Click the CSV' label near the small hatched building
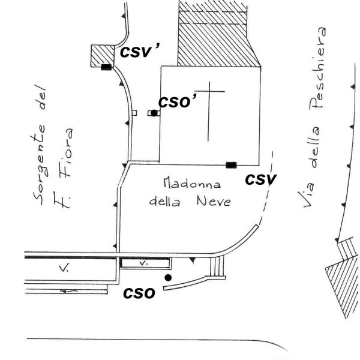(140, 51)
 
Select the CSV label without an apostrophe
(261, 179)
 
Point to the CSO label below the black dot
(139, 293)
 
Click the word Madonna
(192, 183)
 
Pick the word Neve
(214, 202)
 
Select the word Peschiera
(317, 68)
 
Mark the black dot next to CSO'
(154, 113)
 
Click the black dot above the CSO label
(168, 278)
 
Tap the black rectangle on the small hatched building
(106, 67)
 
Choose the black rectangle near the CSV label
(231, 165)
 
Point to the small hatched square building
(103, 56)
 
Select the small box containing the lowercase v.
(145, 263)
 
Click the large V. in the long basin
(64, 268)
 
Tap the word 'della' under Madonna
(165, 202)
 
